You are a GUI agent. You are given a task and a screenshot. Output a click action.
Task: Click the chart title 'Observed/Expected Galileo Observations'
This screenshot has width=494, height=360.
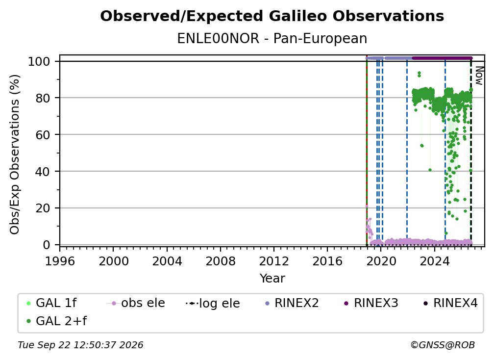tap(272, 16)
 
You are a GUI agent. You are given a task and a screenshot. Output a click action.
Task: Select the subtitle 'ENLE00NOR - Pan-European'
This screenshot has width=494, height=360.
tap(272, 38)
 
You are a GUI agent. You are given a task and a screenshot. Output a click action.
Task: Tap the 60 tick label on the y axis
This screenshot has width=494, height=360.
tap(43, 134)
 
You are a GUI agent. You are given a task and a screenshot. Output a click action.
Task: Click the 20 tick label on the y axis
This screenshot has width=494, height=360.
tap(43, 208)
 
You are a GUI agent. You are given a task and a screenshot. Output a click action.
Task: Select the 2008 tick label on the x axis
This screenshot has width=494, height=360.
tap(220, 261)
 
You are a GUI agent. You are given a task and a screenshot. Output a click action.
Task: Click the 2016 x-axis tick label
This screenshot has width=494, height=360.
tap(327, 261)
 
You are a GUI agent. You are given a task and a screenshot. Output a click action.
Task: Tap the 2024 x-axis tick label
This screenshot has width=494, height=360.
tap(434, 261)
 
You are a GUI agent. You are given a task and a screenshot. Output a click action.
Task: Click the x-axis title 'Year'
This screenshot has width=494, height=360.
tap(272, 279)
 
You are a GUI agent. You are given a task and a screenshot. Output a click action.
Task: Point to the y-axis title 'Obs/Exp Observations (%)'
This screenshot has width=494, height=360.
tap(15, 154)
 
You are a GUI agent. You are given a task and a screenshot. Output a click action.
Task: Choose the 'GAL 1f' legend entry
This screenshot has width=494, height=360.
tap(52, 303)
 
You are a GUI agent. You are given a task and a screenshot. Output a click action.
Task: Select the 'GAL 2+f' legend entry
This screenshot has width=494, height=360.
tap(57, 321)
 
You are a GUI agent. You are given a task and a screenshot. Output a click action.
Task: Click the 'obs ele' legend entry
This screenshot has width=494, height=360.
tap(136, 303)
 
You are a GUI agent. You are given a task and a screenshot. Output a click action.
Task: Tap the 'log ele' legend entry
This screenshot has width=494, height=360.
tap(213, 304)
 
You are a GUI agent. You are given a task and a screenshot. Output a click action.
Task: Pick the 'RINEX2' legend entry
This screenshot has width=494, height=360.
tap(292, 303)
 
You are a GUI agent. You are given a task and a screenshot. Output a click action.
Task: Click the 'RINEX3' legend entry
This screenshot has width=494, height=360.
tap(371, 303)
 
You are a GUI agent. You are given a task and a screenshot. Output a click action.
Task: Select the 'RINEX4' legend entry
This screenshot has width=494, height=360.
tap(451, 303)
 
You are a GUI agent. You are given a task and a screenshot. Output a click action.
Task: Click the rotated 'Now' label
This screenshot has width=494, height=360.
tap(479, 76)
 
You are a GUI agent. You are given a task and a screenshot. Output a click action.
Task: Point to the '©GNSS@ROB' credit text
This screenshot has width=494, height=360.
tap(443, 345)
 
